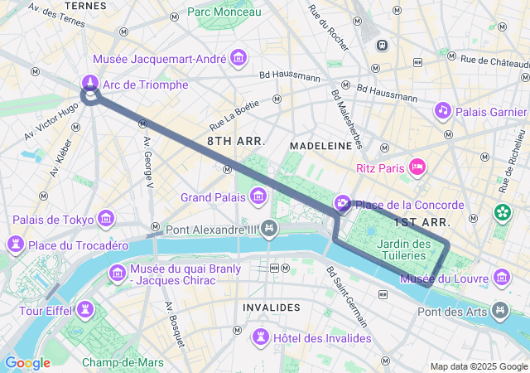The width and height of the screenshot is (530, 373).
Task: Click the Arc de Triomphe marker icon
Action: [x=89, y=83]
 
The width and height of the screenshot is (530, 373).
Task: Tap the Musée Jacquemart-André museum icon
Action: [x=239, y=57]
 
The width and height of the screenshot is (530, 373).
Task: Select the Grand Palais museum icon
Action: [x=258, y=196]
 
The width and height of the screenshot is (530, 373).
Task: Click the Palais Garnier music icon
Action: [x=443, y=110]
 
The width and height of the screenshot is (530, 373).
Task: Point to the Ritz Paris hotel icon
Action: [x=418, y=167]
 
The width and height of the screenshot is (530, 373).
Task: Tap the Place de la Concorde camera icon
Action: [x=343, y=204]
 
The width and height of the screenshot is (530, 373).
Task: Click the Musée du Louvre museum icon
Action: [x=501, y=277]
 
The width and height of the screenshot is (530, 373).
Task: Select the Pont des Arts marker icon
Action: [x=500, y=310]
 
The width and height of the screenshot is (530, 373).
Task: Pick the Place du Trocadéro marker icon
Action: [x=15, y=244]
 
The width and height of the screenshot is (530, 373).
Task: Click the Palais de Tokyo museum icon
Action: [x=105, y=218]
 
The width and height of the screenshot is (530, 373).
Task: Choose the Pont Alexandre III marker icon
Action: [x=268, y=228]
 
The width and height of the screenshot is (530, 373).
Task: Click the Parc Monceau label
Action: [x=224, y=12]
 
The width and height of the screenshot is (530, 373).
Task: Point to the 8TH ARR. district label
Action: [x=236, y=142]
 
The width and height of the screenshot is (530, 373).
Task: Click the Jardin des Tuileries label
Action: [x=403, y=249]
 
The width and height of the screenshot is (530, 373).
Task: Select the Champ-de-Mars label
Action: [x=123, y=362]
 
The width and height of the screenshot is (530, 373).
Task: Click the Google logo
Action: [x=27, y=362]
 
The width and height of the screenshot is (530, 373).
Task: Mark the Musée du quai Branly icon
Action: [x=117, y=273]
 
